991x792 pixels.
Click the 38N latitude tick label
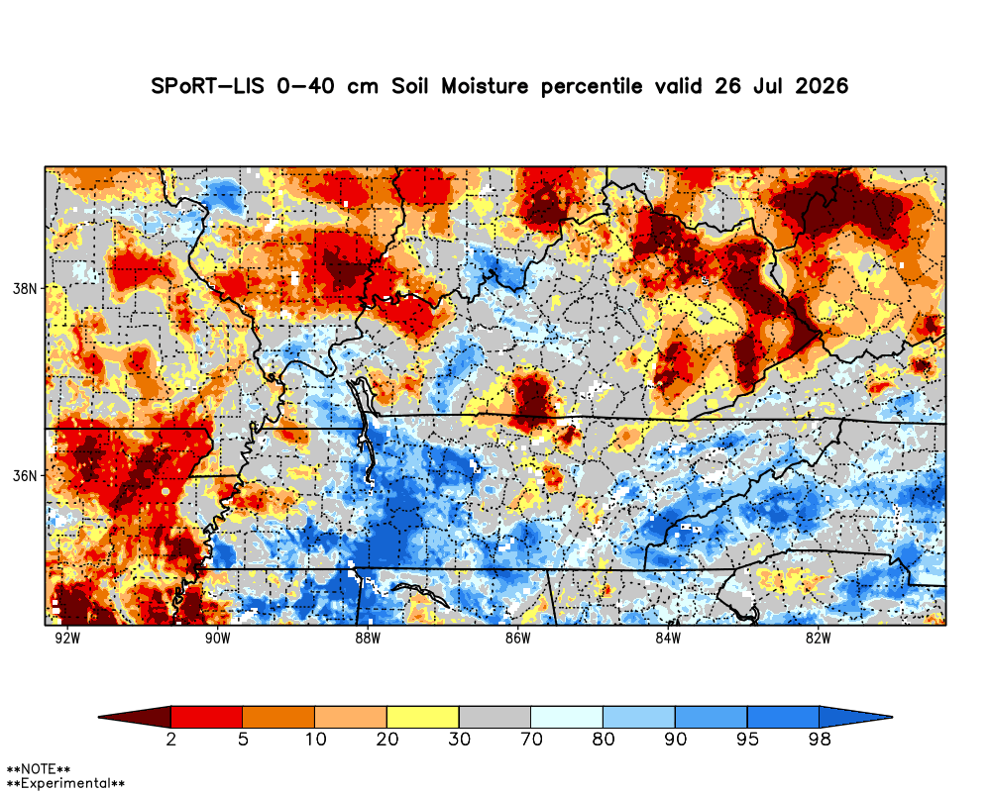coord(25,289)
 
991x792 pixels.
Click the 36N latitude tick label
coord(25,475)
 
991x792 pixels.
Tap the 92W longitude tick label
coord(67,639)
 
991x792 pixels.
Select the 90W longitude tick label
coord(218,639)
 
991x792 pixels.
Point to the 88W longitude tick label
coord(368,639)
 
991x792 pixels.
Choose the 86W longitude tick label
coord(517,639)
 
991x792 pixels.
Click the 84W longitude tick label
coord(668,639)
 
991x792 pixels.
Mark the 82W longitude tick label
coord(818,639)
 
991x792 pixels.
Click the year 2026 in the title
coord(821,86)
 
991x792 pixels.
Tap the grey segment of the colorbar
coord(495,717)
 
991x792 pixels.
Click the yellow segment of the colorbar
coord(423,717)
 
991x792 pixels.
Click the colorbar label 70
coord(531,739)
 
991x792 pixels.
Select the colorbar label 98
coord(820,739)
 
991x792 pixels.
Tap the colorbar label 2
coord(171,739)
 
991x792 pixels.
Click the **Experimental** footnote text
coord(65,784)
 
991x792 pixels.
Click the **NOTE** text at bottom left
coord(39,770)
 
